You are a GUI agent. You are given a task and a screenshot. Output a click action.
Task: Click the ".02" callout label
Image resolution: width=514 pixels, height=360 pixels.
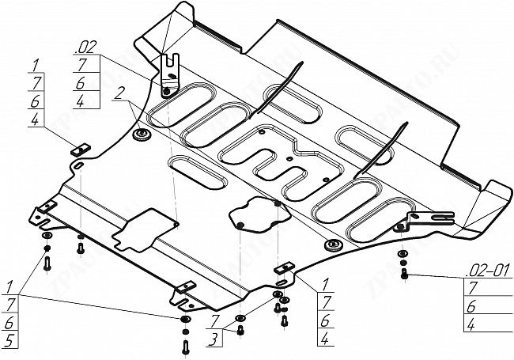click(x=86, y=47)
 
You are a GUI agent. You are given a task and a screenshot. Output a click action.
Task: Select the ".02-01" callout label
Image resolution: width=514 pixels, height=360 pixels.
click(x=488, y=271)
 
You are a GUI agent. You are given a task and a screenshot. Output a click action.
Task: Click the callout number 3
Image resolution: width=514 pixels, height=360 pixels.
click(x=214, y=339)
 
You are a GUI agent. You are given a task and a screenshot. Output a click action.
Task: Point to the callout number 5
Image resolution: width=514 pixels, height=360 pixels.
click(x=9, y=341)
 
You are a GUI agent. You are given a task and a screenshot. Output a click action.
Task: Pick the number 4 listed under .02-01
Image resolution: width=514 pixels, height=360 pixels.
click(x=471, y=325)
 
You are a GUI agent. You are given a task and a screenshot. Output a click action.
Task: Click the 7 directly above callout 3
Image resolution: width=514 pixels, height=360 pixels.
click(x=214, y=321)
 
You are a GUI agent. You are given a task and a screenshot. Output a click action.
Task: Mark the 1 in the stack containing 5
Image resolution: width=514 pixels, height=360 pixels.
click(x=9, y=287)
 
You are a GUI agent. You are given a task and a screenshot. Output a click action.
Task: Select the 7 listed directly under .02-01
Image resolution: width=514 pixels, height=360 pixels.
click(x=472, y=288)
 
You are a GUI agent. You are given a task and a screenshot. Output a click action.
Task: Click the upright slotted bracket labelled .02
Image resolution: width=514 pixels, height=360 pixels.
click(x=170, y=76)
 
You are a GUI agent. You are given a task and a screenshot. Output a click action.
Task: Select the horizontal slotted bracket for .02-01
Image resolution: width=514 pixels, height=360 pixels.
click(x=429, y=218)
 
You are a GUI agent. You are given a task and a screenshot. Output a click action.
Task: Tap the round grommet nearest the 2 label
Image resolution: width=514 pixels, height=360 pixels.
click(x=142, y=135)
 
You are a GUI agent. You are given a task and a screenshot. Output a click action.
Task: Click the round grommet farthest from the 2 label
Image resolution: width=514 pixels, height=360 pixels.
click(x=333, y=245)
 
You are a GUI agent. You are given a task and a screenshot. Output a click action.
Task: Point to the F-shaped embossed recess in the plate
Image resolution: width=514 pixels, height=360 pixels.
click(x=282, y=161)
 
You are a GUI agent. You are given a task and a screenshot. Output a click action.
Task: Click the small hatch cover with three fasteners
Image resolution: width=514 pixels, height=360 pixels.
click(x=259, y=214)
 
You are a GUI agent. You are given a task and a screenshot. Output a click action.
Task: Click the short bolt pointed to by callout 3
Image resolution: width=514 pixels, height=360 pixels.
click(x=240, y=330)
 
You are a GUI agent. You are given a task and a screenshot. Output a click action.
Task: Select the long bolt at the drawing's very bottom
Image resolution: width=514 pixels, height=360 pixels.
click(x=186, y=347)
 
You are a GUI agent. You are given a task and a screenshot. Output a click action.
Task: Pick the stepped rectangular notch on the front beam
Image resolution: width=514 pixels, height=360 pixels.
click(x=143, y=230)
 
